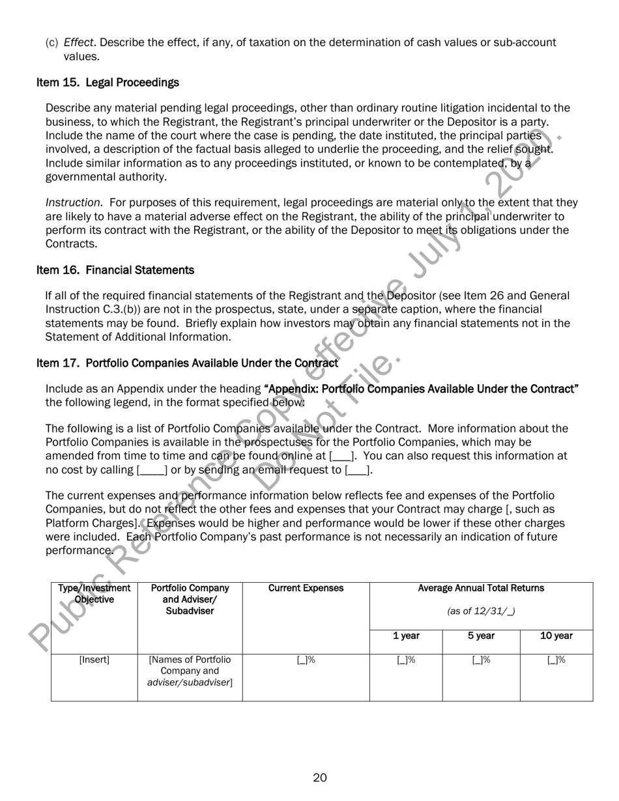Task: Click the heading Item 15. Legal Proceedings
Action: [108, 83]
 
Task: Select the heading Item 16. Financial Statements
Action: [115, 270]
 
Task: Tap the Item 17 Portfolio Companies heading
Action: [187, 363]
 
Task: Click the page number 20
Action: [319, 778]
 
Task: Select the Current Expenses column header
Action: [306, 588]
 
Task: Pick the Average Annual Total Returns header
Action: [481, 588]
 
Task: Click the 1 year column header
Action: [405, 636]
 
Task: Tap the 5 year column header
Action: [481, 636]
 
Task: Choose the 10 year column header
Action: [556, 636]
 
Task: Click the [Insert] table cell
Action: [94, 660]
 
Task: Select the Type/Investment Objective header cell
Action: [94, 593]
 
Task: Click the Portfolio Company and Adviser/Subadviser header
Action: [190, 599]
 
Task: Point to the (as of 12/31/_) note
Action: [481, 611]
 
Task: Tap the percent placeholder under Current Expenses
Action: [306, 660]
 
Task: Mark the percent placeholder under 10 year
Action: [556, 660]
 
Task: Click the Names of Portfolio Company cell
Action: [190, 671]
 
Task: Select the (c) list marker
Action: [51, 43]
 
